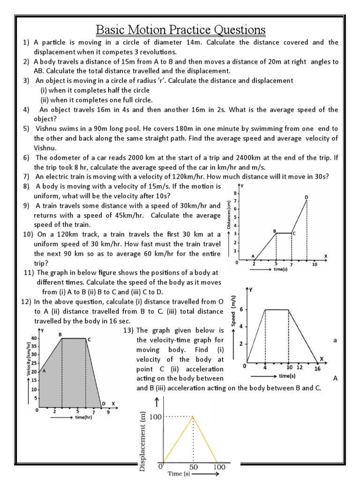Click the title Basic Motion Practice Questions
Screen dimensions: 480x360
(x=180, y=30)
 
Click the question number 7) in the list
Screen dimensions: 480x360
(x=27, y=177)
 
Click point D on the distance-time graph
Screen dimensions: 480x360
(x=307, y=198)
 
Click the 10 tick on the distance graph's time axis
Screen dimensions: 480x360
(x=315, y=264)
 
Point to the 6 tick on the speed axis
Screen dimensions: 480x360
(x=241, y=310)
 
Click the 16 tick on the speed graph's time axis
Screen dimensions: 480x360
(x=317, y=369)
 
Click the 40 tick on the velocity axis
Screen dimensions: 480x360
(x=33, y=338)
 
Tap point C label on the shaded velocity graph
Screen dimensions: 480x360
(x=89, y=339)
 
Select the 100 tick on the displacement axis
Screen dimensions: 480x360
(x=155, y=416)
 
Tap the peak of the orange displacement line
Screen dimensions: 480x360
(x=193, y=416)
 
